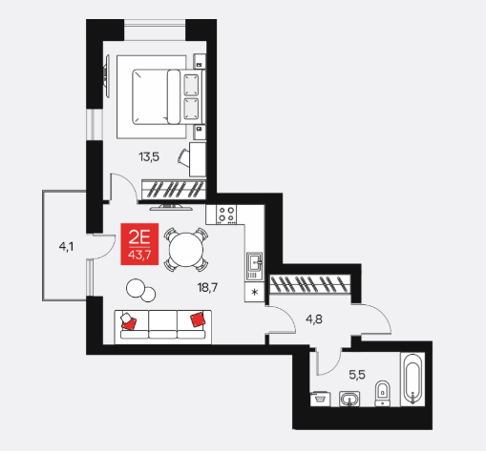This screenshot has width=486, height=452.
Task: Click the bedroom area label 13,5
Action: point(149,157)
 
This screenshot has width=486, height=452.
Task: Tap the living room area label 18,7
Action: point(207,288)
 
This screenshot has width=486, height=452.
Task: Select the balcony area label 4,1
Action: point(66,247)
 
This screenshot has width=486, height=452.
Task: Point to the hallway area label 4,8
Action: point(314,319)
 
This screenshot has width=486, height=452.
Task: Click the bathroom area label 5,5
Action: point(357,375)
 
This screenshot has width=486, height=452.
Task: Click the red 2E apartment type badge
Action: point(139,244)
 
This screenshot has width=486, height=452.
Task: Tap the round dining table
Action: point(186,250)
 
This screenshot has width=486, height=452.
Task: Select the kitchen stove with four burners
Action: point(226,215)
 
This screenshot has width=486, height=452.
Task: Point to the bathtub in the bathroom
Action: point(412,379)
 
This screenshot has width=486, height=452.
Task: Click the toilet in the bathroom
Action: point(382,393)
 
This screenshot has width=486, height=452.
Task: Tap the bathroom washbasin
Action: point(349,399)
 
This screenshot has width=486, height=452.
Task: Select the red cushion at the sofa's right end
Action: point(198,318)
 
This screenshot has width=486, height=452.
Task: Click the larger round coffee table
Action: point(136,288)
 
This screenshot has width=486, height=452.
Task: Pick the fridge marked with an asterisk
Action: point(254,292)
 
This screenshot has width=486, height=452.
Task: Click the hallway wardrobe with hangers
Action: point(309,284)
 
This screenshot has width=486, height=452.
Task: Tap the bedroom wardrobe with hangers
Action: point(174,190)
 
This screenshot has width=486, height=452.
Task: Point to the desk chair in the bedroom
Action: point(183,157)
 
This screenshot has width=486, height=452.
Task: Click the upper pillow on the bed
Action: point(192,85)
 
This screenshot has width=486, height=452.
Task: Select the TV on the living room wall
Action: point(172,208)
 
